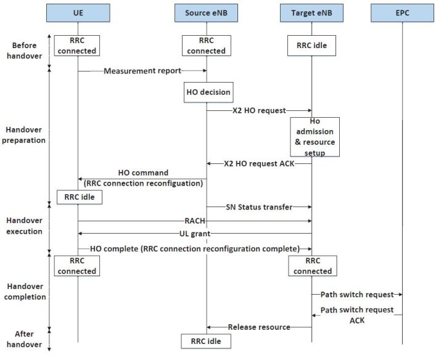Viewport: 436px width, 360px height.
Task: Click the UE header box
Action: pos(78,12)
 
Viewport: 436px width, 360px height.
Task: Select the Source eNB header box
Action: pos(206,12)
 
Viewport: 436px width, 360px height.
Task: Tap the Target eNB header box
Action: pos(311,12)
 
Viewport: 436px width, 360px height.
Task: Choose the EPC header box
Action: pos(402,12)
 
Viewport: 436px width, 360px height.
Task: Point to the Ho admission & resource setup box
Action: pos(315,136)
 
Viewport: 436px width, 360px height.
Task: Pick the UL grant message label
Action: pos(194,234)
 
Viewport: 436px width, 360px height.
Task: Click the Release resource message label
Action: pos(259,327)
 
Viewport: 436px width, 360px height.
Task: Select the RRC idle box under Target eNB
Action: pos(311,46)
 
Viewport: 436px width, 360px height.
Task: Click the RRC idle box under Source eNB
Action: pos(206,340)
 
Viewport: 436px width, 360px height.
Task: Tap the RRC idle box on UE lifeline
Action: pos(78,197)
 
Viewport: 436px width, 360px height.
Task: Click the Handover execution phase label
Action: pos(24,226)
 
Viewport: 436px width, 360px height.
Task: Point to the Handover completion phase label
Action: pos(24,292)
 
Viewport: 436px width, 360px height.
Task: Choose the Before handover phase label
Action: pos(24,51)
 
